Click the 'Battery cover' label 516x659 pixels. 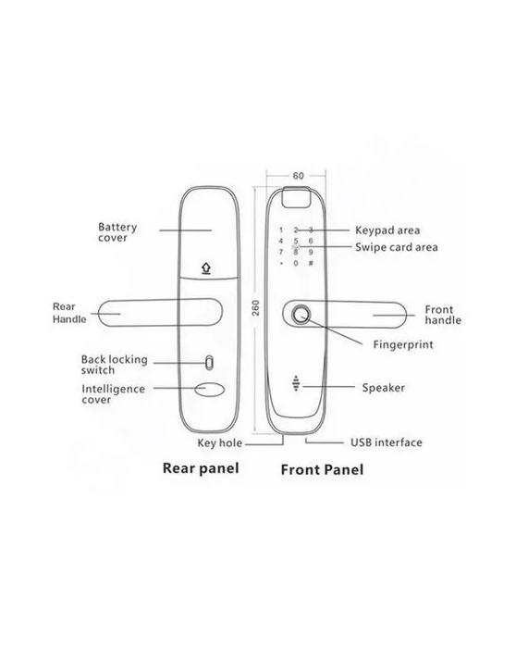tap(117, 232)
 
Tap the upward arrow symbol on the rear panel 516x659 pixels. tap(205, 267)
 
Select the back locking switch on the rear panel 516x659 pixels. tap(209, 362)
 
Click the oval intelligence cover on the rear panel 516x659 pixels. tap(210, 389)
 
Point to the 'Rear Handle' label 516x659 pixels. tap(69, 313)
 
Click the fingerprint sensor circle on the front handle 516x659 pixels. tap(301, 316)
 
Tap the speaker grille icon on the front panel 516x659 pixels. tap(297, 383)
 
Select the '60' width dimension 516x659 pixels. tap(298, 175)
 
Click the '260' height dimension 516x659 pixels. tap(255, 308)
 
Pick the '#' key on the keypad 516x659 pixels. tap(311, 263)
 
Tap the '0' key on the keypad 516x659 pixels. tap(296, 263)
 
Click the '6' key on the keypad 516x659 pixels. tap(311, 241)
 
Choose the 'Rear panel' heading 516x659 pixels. tap(201, 468)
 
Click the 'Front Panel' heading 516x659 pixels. tap(322, 469)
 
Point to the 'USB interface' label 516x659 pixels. tap(387, 442)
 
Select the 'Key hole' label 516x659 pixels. tap(219, 443)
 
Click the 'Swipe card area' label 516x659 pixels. tap(397, 247)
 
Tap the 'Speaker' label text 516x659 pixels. tap(384, 388)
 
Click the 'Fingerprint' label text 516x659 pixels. tap(403, 344)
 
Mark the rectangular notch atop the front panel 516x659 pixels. tap(296, 197)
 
